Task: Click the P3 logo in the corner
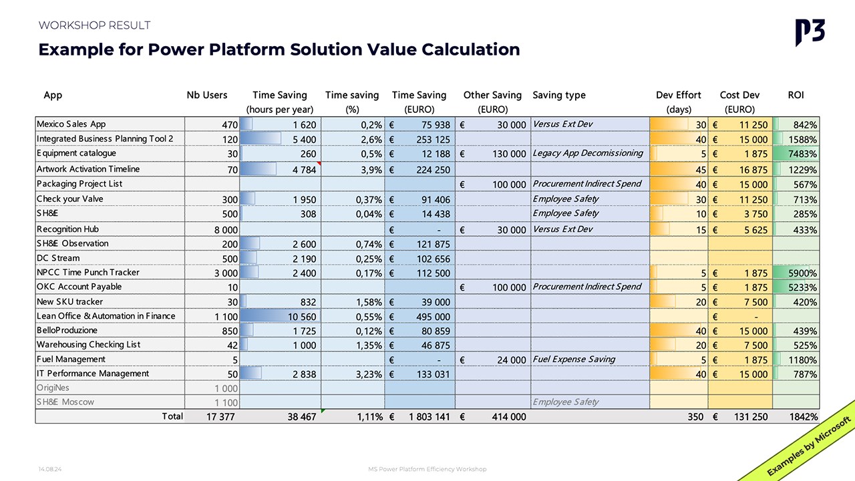coord(810,32)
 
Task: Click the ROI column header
coord(796,95)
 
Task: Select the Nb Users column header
coord(207,95)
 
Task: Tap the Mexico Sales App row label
coord(71,124)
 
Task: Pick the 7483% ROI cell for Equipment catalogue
coord(801,154)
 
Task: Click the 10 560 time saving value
coord(301,317)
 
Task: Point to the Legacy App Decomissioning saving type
coord(588,154)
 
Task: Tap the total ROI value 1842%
coord(802,417)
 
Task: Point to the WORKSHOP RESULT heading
coord(94,25)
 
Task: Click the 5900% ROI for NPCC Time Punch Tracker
coord(801,273)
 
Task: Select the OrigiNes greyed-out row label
coord(53,387)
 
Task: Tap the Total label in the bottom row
coord(172,416)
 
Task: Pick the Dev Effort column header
coord(679,95)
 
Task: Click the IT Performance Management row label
coord(93,373)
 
